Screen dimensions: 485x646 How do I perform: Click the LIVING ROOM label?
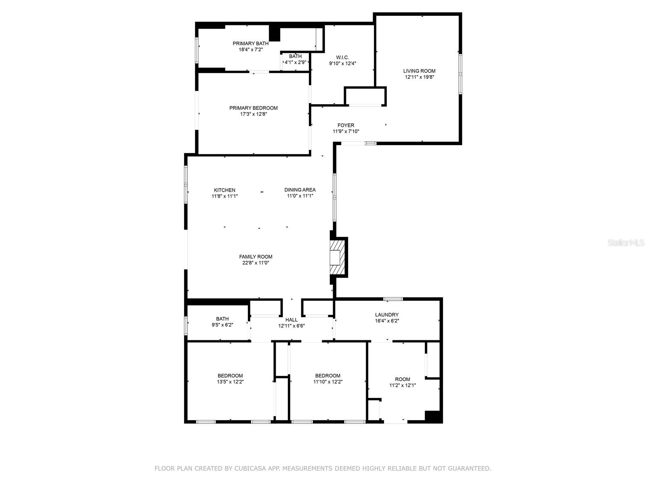pos(419,71)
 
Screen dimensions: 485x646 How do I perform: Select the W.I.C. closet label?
pos(342,57)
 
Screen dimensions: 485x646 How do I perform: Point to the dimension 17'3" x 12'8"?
pos(254,114)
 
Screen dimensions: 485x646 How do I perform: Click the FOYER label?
pos(346,125)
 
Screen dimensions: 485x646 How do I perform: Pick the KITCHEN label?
pos(224,190)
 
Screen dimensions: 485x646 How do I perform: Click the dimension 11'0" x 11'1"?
pos(300,196)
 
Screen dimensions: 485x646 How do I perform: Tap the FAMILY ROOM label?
pos(256,257)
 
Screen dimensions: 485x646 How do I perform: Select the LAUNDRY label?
pos(387,315)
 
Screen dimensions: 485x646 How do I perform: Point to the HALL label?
pos(292,320)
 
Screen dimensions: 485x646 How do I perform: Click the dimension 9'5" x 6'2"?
pos(222,325)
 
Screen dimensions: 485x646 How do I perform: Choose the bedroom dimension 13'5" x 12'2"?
pos(230,382)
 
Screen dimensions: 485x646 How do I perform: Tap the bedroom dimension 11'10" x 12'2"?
pos(328,382)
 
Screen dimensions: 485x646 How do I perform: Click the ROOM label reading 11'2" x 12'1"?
pos(403,379)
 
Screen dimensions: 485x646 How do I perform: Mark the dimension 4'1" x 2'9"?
pos(296,62)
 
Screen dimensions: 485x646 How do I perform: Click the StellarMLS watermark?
pos(626,243)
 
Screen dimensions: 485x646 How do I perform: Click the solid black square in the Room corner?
pos(432,416)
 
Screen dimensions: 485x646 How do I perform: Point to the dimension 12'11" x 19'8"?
pos(419,77)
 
